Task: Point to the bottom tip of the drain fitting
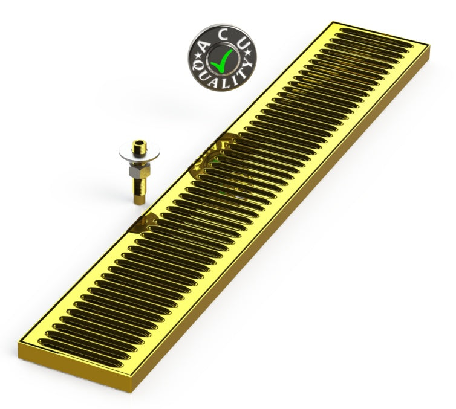137,201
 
